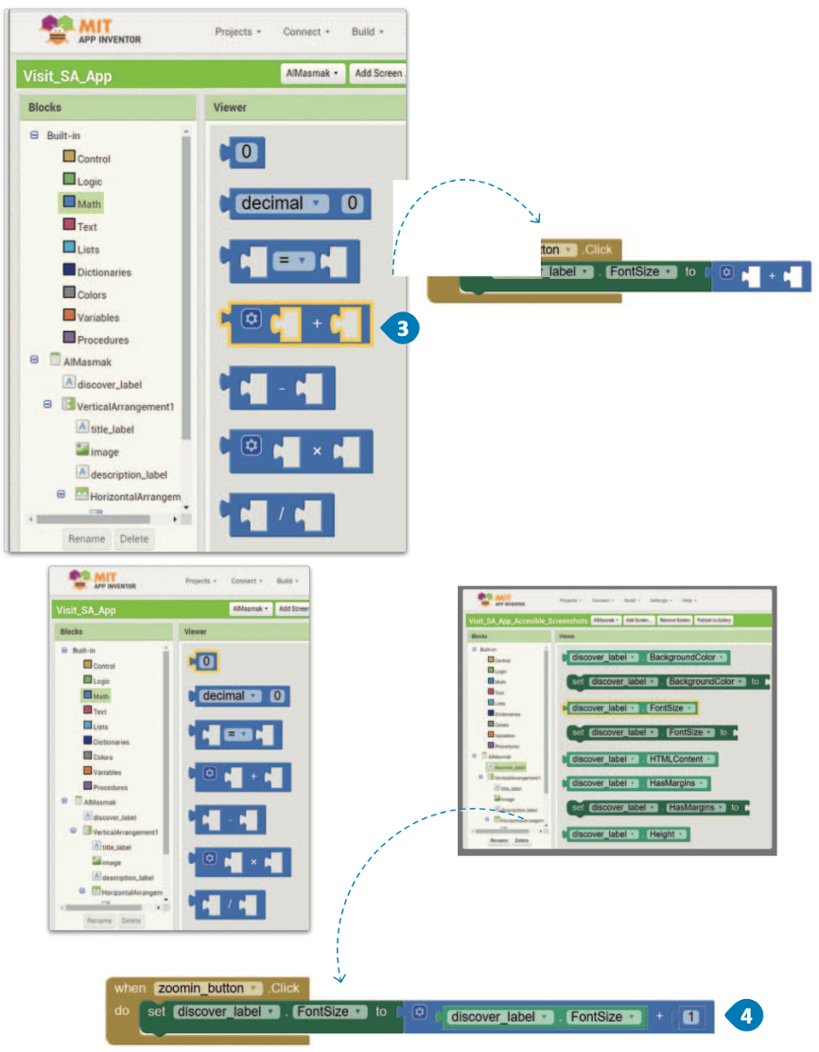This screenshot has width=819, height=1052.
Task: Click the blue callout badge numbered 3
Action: click(x=401, y=328)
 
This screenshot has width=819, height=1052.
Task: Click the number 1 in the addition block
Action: click(x=691, y=1017)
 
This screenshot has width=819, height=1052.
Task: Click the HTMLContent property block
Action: click(x=639, y=760)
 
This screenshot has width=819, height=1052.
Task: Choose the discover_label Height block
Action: click(x=625, y=833)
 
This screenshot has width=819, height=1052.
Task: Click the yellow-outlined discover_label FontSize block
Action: click(x=629, y=708)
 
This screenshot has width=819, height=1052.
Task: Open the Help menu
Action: click(x=688, y=600)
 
